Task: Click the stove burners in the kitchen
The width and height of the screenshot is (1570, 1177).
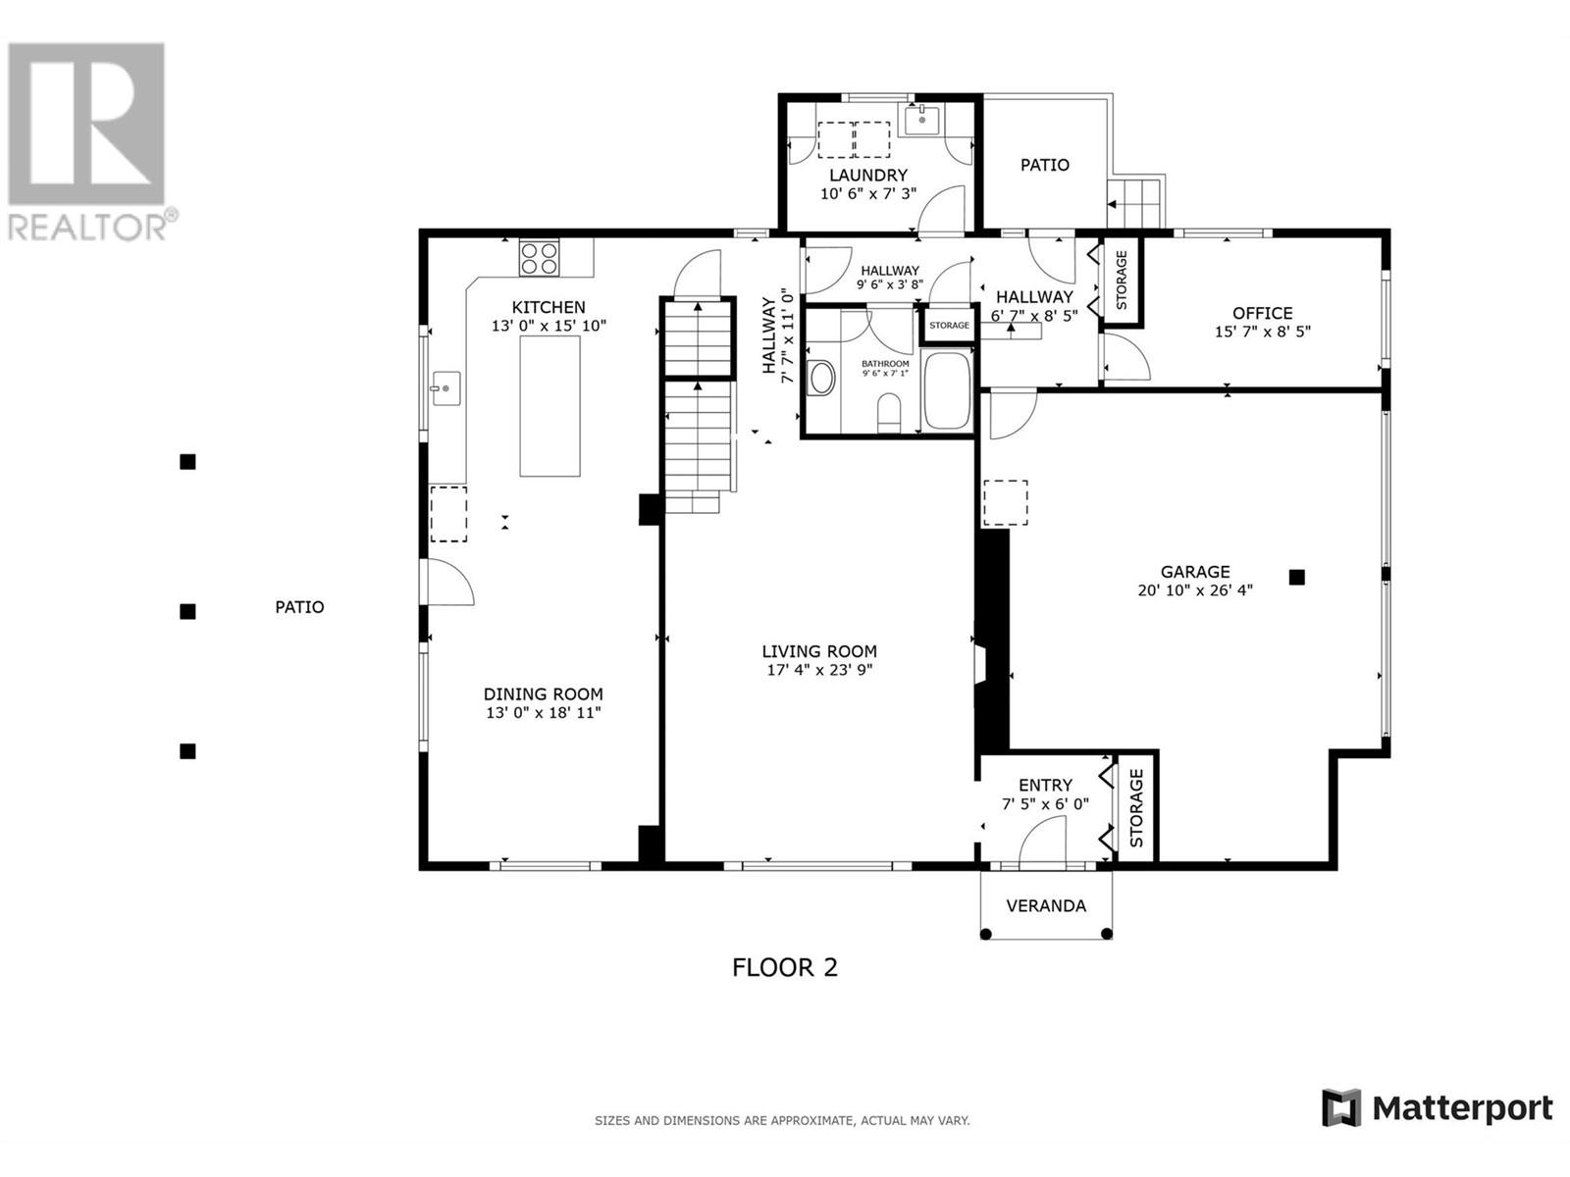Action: coord(539,258)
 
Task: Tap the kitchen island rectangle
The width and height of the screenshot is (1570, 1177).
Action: coord(549,405)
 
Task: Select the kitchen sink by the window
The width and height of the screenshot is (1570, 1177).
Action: coord(446,388)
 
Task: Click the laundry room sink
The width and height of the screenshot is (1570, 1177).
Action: coord(922,122)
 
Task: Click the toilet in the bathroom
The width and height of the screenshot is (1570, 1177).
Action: coord(889,412)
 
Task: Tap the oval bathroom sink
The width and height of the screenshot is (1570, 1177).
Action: coord(820,378)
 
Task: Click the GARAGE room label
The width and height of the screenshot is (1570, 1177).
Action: coord(1194,572)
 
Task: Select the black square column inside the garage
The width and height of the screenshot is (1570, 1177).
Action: coord(1296,578)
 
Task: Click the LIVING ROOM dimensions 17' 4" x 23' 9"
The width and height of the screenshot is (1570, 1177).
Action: coord(819,671)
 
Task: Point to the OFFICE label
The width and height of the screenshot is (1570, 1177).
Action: coord(1262,313)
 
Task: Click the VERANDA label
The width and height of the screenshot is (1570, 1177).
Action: coord(1046,906)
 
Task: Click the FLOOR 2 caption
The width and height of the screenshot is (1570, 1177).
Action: coord(785,968)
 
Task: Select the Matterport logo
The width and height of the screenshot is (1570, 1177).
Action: coord(1438,1108)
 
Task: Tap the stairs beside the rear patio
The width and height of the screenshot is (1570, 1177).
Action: coord(1136,203)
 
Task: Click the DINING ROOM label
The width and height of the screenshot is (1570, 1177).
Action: coord(543,694)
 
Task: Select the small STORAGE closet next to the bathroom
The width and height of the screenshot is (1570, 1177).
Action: coord(949,326)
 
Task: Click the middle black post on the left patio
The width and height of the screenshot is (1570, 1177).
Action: coord(187,612)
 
